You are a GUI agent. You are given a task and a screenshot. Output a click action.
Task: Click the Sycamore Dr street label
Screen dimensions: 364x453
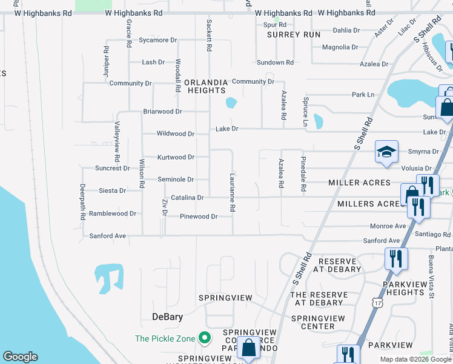[157, 40]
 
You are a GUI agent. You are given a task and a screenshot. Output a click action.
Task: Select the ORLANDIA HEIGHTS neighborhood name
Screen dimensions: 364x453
[206, 86]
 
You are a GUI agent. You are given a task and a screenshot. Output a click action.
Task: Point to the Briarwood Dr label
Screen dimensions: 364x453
[162, 112]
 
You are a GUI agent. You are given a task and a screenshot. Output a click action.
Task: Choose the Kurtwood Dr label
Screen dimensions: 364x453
[176, 157]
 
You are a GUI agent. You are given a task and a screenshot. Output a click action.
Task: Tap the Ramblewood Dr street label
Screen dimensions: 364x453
[113, 214]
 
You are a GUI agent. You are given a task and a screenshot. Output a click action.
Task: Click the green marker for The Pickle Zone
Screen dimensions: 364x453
[205, 337]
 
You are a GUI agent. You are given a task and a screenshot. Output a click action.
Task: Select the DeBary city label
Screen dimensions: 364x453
[167, 317]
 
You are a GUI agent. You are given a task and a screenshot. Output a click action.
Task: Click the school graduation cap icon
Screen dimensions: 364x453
[386, 152]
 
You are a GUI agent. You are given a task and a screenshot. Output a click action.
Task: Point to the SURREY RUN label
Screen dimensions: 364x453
[294, 35]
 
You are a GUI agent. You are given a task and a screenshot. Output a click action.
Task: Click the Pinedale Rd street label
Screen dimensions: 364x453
[301, 172]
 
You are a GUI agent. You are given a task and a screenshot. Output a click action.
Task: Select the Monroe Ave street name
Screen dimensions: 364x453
[388, 226]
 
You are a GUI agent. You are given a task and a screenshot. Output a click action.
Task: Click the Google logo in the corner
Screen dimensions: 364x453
[20, 357]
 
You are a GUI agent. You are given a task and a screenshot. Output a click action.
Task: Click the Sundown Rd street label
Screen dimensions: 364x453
[275, 62]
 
